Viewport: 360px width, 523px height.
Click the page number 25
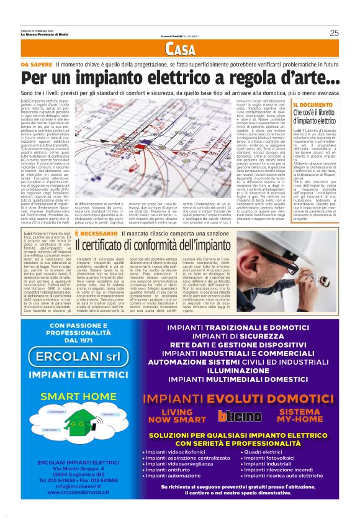[x=334, y=33]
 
